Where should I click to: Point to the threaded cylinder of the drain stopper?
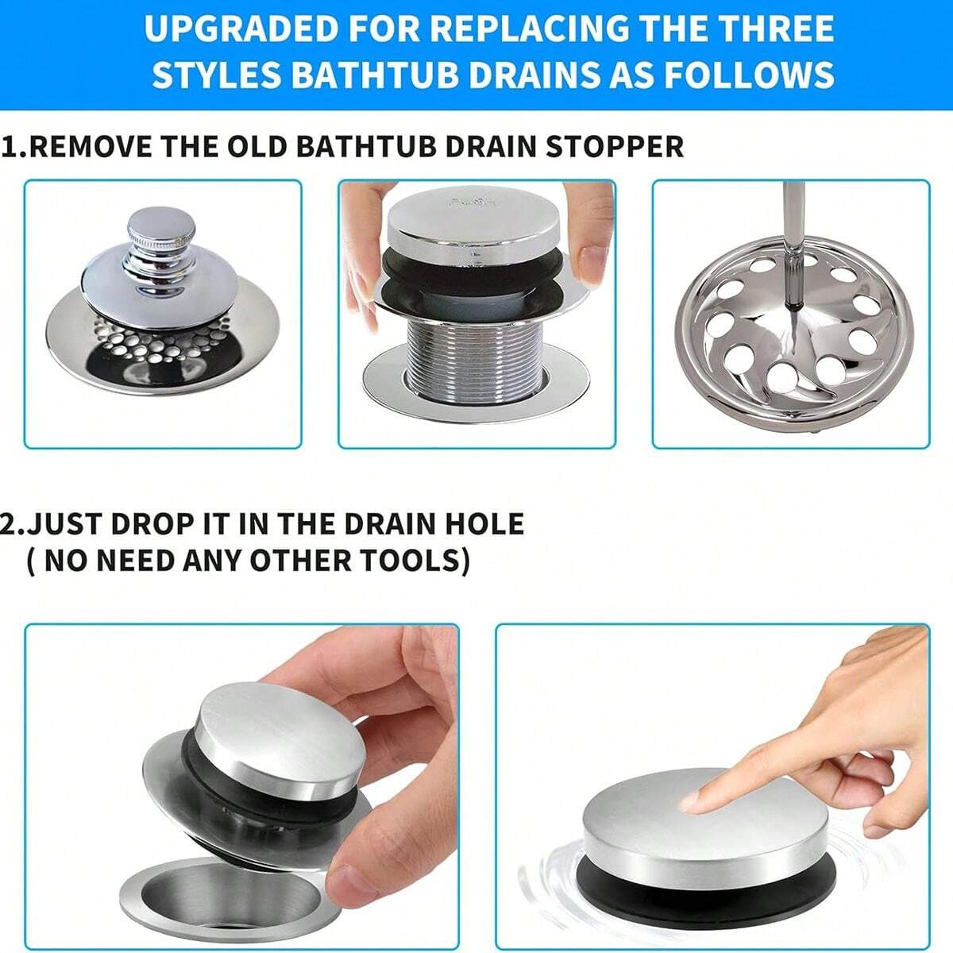(x=476, y=349)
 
